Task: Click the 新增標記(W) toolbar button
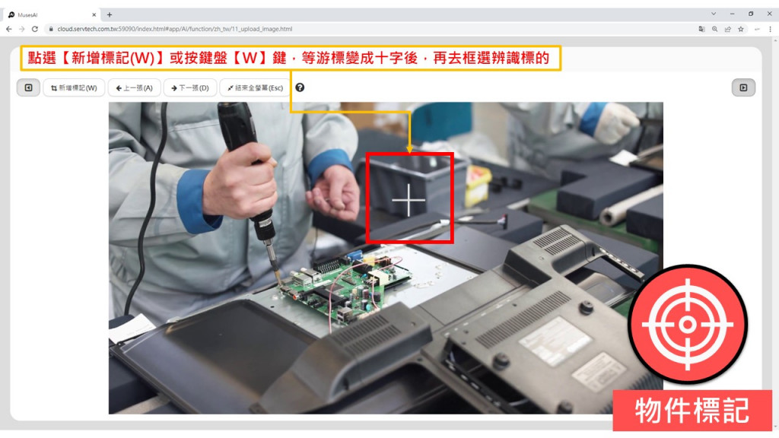(74, 88)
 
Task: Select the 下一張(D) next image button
(190, 88)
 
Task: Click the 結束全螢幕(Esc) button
(256, 88)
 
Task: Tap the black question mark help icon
(300, 87)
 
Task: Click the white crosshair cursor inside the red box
(409, 200)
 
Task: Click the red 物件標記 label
(692, 410)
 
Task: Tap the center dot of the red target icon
(688, 325)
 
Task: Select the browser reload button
(35, 30)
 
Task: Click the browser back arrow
(9, 30)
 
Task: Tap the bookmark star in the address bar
(741, 30)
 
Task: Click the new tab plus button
(110, 15)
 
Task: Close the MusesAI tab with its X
(94, 15)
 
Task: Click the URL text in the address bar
(174, 30)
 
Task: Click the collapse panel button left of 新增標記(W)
(28, 88)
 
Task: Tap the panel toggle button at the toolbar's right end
(743, 88)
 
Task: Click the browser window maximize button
(751, 14)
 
